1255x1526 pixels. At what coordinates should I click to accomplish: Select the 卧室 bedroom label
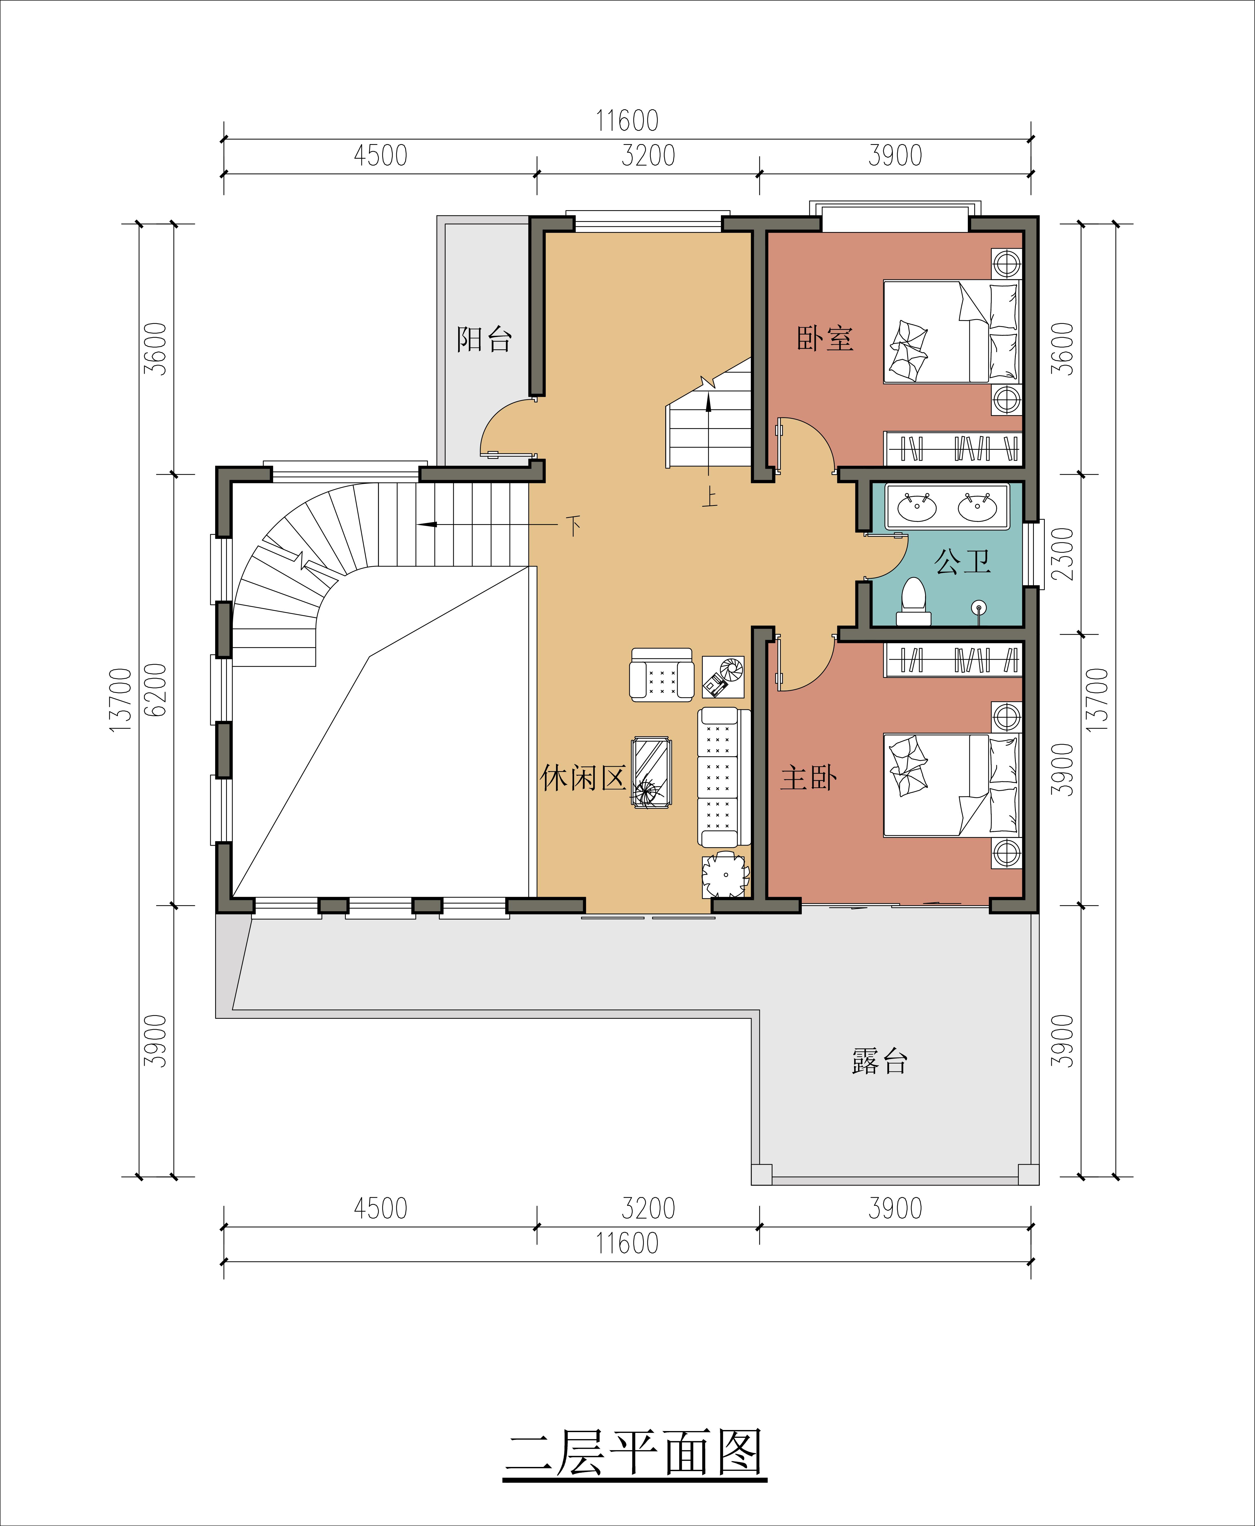point(825,338)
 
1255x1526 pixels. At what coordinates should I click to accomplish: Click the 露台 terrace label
point(879,1061)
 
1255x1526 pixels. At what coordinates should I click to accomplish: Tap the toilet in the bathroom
point(914,601)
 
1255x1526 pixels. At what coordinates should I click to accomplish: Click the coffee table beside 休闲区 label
point(651,772)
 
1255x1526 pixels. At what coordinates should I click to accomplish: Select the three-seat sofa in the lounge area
point(718,777)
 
